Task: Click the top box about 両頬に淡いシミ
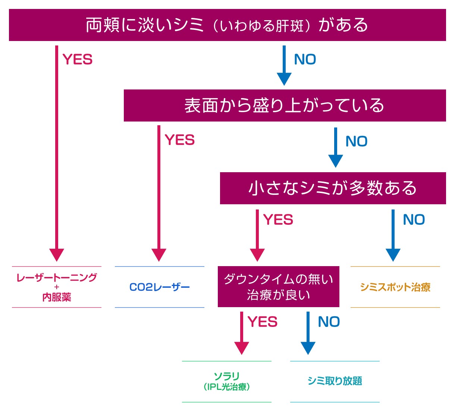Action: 227,25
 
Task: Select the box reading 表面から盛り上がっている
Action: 285,105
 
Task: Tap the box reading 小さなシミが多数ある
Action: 333,188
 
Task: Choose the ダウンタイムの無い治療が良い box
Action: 278,287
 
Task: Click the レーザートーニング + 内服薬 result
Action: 57,287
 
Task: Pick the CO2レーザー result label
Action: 160,287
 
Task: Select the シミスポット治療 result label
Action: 395,287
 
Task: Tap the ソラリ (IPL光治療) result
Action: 227,381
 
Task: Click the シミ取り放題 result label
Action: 335,381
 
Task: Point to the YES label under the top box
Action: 78,60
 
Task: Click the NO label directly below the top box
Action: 305,60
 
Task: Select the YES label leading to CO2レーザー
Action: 180,140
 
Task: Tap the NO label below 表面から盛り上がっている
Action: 357,142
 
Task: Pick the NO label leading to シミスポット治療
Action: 414,220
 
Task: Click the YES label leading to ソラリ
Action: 263,322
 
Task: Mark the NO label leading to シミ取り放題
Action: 329,322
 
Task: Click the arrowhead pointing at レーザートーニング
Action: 57,255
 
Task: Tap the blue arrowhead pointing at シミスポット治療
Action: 393,255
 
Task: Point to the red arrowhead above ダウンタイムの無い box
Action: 257,255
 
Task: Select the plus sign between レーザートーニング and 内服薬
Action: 57,287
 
